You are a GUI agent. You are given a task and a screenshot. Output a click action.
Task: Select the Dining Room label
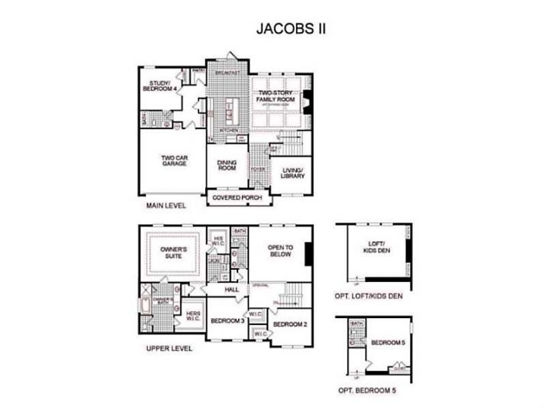[x=227, y=164]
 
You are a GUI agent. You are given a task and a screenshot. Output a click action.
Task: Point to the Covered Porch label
[x=237, y=198]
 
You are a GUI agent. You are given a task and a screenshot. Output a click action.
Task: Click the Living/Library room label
[x=293, y=173]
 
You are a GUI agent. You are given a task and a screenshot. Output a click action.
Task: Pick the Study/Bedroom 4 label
[x=160, y=86]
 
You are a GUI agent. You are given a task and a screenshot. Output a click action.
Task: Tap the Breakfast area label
[x=227, y=72]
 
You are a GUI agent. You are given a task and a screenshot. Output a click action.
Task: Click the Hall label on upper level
[x=232, y=290]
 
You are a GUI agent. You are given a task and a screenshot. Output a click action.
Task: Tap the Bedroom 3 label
[x=227, y=321]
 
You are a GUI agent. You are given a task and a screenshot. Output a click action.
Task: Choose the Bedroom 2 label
[x=290, y=324]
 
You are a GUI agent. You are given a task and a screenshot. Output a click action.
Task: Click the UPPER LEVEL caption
[x=169, y=349]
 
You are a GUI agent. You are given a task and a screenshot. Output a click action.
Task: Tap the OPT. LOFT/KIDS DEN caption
[x=374, y=295]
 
